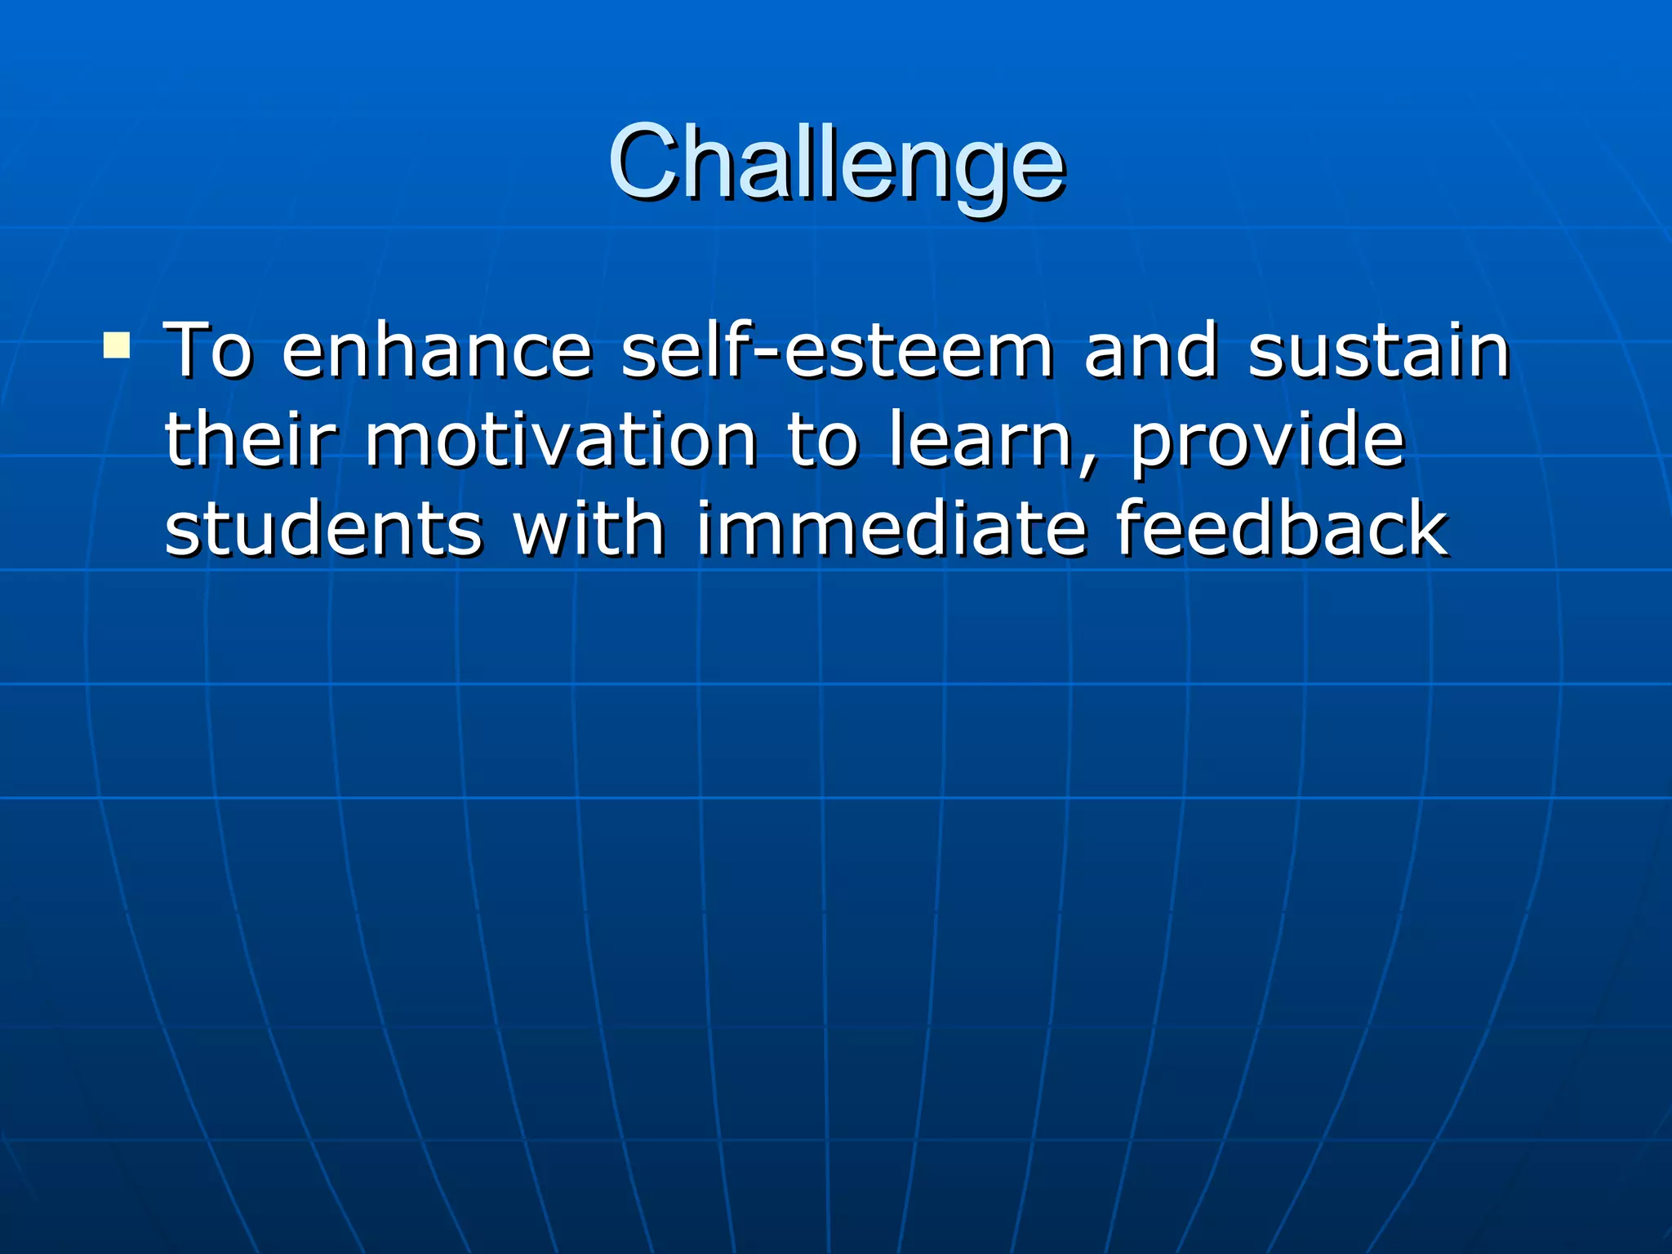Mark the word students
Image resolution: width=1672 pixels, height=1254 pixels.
click(x=324, y=529)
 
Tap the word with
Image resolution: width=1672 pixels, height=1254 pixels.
click(x=589, y=529)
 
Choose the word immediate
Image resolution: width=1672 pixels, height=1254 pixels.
click(x=891, y=529)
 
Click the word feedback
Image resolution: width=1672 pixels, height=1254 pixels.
click(x=1282, y=529)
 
